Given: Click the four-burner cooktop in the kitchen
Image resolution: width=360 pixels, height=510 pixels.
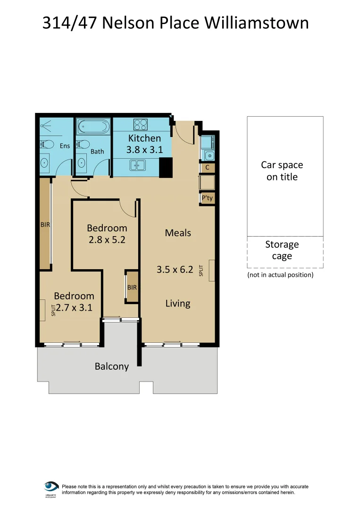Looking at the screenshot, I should (140, 124).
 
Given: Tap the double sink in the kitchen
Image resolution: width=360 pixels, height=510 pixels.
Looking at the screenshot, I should (138, 165).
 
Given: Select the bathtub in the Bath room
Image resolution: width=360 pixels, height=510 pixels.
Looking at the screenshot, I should (93, 127).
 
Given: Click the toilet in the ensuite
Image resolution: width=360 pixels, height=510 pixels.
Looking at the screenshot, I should (45, 144).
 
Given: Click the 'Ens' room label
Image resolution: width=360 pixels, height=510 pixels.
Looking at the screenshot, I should (65, 146).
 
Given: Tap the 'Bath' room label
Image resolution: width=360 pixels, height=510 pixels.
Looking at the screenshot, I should (97, 152).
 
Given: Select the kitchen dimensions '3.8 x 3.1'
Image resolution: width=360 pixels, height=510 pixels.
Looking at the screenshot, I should (144, 150).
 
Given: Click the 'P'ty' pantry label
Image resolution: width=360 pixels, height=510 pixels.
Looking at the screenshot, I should (208, 199).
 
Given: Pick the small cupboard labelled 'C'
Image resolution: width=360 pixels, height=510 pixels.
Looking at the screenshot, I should (208, 167).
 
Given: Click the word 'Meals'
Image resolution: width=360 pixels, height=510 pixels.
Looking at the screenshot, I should (178, 233).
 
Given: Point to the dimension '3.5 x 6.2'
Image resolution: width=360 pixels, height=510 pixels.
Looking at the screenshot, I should (175, 270).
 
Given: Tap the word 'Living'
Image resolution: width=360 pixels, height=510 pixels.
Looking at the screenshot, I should (178, 303).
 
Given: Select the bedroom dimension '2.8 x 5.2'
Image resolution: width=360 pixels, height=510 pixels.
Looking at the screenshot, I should (107, 239).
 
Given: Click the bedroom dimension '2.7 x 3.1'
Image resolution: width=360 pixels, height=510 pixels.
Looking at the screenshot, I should (74, 307).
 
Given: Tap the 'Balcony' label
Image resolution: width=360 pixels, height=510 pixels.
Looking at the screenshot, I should (112, 366).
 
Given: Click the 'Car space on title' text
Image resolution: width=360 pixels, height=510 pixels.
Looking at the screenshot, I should (282, 171).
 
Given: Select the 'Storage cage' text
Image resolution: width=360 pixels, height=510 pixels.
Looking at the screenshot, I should (282, 250).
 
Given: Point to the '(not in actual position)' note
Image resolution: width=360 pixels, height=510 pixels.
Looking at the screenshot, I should (280, 275).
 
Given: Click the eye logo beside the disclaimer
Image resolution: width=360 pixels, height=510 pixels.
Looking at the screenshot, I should (51, 486).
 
